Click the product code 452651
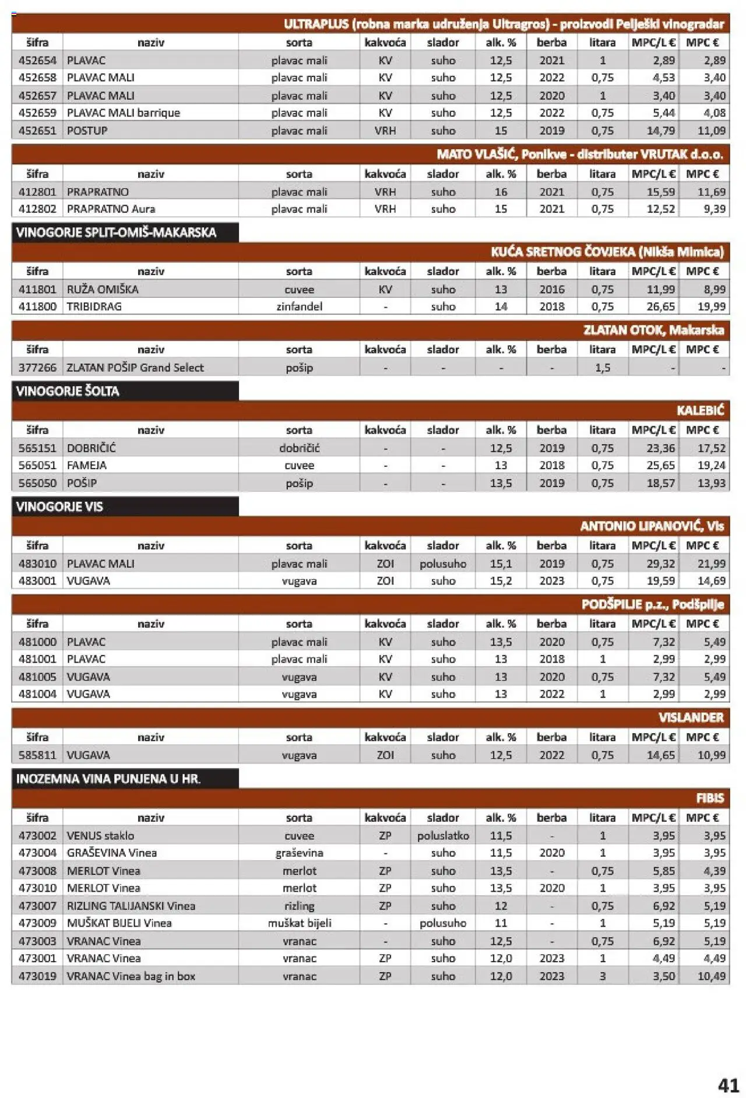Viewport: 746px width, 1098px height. click(37, 131)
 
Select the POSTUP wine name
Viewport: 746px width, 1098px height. click(87, 131)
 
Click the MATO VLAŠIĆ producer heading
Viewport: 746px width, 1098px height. click(579, 154)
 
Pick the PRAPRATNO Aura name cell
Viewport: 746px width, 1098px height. click(111, 209)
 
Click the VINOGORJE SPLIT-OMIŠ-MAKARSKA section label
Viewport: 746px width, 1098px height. click(117, 233)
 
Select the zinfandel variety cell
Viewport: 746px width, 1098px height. click(299, 307)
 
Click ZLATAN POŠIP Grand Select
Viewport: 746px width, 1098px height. click(135, 368)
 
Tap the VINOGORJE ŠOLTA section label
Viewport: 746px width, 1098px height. click(68, 391)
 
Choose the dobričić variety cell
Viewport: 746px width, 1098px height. click(299, 448)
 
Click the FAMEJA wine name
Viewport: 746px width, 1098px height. click(87, 466)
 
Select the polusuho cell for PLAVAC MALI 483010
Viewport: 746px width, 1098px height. click(443, 564)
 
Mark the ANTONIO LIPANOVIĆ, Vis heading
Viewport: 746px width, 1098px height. click(652, 526)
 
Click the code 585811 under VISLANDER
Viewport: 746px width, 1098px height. click(37, 755)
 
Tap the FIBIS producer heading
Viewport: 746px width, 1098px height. click(710, 798)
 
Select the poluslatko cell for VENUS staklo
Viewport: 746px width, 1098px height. click(443, 836)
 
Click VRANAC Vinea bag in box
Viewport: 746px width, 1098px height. click(131, 976)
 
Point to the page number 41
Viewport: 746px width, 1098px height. click(729, 1085)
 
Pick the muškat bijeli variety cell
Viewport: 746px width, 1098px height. click(299, 923)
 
